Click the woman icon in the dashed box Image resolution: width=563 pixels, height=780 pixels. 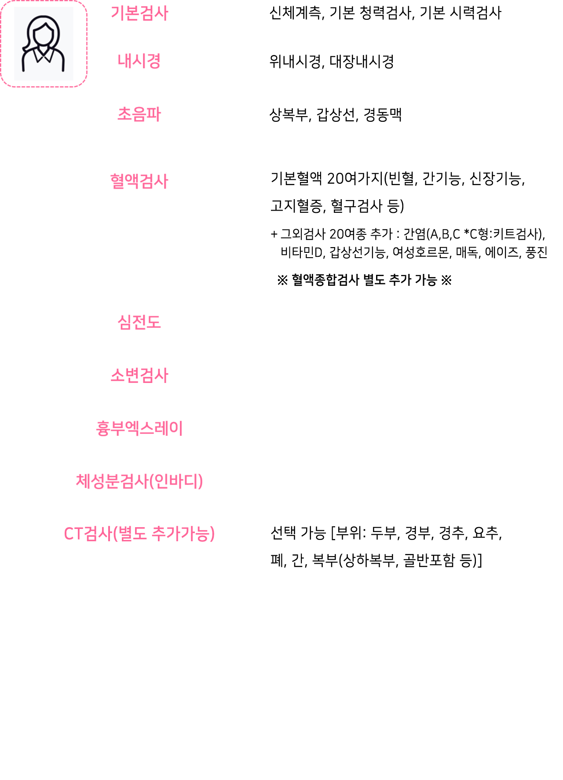click(43, 44)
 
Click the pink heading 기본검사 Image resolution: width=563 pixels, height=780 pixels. click(139, 13)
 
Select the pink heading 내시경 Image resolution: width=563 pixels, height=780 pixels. click(139, 61)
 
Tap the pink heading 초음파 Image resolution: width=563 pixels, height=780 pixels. click(139, 114)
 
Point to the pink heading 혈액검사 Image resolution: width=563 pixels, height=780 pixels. click(139, 181)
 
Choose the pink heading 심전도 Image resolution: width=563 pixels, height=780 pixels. click(139, 322)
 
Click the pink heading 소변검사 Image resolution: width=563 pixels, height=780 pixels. click(139, 375)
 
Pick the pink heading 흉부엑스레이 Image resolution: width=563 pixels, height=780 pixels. click(139, 428)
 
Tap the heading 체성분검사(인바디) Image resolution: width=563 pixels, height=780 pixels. click(139, 481)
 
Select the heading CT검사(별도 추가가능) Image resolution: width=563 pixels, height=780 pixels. click(139, 534)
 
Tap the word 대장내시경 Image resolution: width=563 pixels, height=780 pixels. click(362, 62)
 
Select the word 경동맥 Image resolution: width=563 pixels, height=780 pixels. click(382, 115)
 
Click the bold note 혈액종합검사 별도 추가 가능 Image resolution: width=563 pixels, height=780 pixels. click(364, 280)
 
